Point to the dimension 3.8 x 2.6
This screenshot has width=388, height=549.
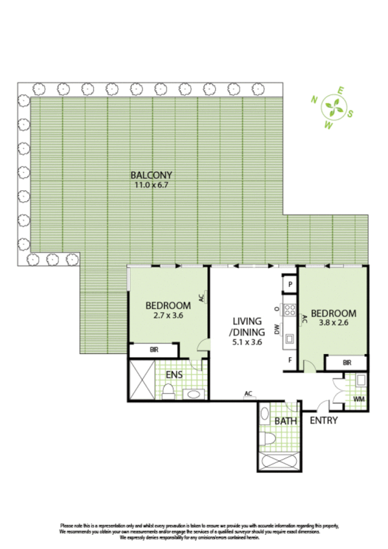pos(334,324)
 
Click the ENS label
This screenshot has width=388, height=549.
pos(174,374)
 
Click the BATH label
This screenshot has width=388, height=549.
pos(285,421)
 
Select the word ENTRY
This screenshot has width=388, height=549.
pos(324,421)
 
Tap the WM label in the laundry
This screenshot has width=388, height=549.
pos(358,399)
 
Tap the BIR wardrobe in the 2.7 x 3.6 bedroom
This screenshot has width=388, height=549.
pos(154,350)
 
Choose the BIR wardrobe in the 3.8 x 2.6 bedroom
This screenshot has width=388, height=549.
pos(347,363)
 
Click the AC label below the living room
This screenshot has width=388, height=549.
pos(248,394)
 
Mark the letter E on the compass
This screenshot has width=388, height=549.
pos(341,91)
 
